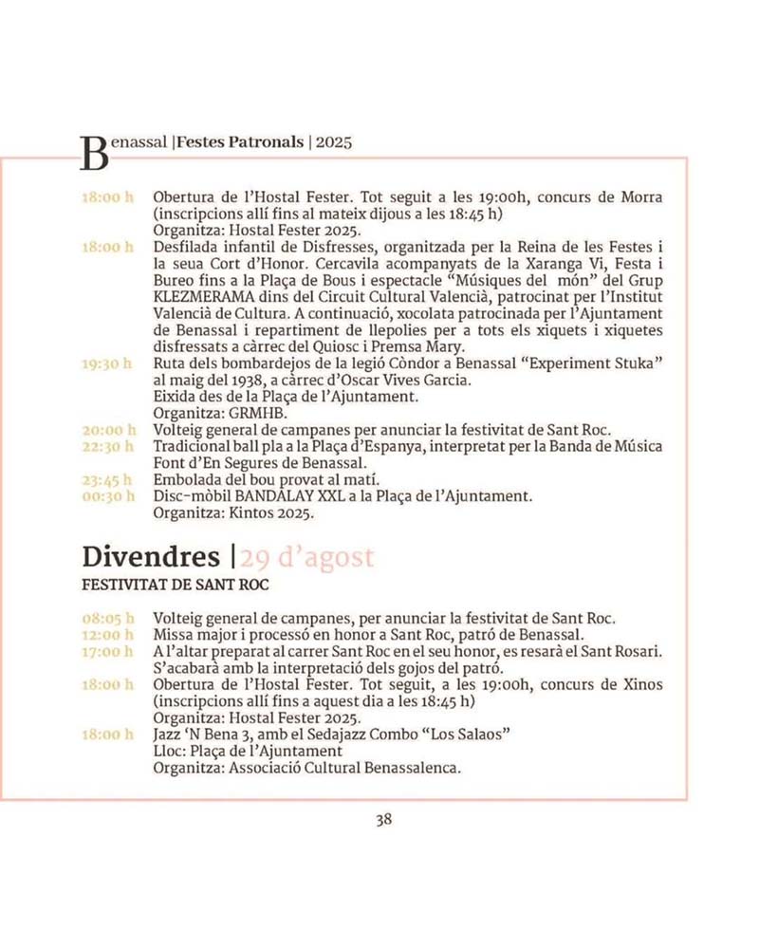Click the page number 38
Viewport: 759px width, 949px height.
[383, 821]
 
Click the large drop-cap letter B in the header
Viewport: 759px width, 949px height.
[93, 151]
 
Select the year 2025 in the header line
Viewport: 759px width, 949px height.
[334, 143]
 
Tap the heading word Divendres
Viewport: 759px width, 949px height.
[151, 556]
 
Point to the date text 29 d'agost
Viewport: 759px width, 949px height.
[306, 557]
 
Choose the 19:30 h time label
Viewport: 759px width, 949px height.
[106, 363]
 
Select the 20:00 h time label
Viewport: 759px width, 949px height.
[106, 429]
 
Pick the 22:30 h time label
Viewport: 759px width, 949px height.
[106, 446]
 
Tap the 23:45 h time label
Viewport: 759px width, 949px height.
[106, 480]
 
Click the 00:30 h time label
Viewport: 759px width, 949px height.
[106, 496]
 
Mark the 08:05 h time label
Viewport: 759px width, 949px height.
[106, 618]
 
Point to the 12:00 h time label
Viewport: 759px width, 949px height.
[106, 634]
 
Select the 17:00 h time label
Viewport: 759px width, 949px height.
[106, 651]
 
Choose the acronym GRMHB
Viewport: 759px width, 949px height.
[255, 413]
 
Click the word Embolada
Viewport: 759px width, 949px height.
[185, 480]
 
